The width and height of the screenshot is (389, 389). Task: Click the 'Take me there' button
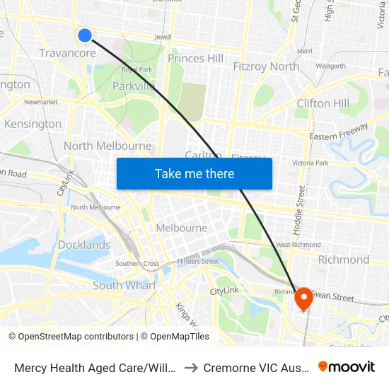[x=194, y=173]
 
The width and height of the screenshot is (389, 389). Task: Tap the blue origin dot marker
[x=85, y=35]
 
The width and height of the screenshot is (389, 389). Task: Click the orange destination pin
[x=303, y=298]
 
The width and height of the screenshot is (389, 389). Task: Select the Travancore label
[x=68, y=54]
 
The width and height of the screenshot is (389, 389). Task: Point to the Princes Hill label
[x=196, y=58]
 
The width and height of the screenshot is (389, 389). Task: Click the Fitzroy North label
[x=266, y=66]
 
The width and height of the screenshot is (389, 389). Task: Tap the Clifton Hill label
[x=323, y=103]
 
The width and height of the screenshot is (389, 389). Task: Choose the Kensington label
[x=33, y=124]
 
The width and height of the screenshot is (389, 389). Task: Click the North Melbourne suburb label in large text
[x=108, y=146]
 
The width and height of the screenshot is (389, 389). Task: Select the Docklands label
[x=84, y=245]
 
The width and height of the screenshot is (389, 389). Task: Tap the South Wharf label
[x=124, y=286]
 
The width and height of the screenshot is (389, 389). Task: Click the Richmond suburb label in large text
[x=344, y=260]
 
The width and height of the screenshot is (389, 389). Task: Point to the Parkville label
[x=134, y=86]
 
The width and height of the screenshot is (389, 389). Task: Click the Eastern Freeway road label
[x=339, y=132]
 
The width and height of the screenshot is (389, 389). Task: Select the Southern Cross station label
[x=137, y=264]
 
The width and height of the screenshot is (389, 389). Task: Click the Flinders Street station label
[x=198, y=261]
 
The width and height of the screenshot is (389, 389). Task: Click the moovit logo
[x=347, y=366]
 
